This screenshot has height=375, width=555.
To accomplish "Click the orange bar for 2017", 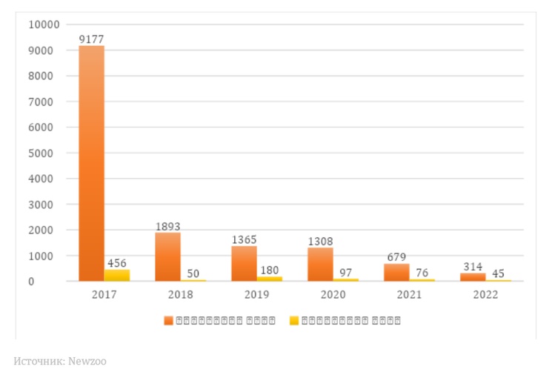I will [x=92, y=163].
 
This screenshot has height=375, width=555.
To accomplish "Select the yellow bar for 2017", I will [x=117, y=275].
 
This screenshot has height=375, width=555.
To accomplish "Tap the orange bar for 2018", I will [x=167, y=256].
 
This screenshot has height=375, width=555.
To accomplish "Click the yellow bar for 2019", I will [x=269, y=279].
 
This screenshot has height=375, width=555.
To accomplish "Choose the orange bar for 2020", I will [x=320, y=264].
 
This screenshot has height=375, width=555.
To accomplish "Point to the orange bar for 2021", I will [x=396, y=272].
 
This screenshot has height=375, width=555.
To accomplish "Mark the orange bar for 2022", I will [x=472, y=276].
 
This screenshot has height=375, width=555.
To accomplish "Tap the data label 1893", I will [x=167, y=226].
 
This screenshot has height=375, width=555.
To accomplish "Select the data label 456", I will [x=117, y=263].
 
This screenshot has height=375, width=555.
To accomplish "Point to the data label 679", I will [x=396, y=257].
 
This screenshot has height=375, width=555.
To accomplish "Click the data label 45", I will [x=498, y=273].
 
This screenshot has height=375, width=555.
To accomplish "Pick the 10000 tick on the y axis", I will [x=43, y=24].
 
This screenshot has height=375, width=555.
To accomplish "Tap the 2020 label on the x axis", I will [x=333, y=294].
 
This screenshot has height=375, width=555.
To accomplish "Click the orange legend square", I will [x=169, y=321].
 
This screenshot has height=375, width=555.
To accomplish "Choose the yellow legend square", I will [x=294, y=321].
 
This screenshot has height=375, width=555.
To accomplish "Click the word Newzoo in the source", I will [x=89, y=362].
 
